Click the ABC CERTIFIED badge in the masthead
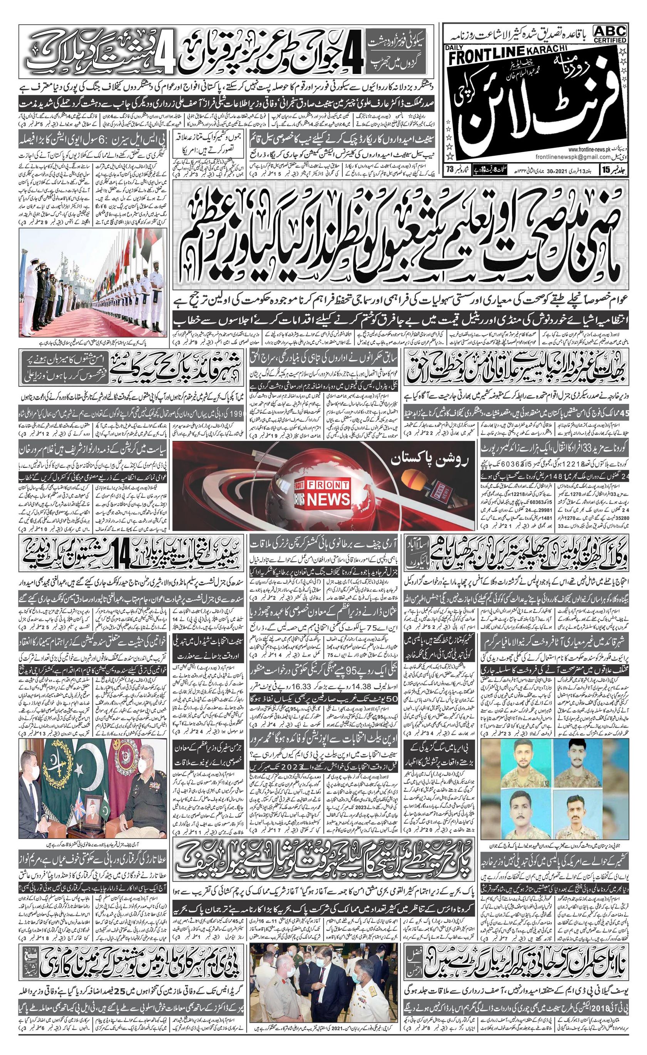pyautogui.click(x=610, y=34)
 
